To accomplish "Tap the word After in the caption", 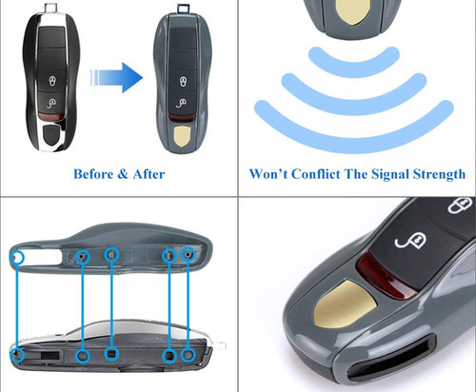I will tap(145, 174).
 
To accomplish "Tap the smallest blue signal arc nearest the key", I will tap(357, 60).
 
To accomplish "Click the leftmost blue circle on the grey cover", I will tap(18, 258).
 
